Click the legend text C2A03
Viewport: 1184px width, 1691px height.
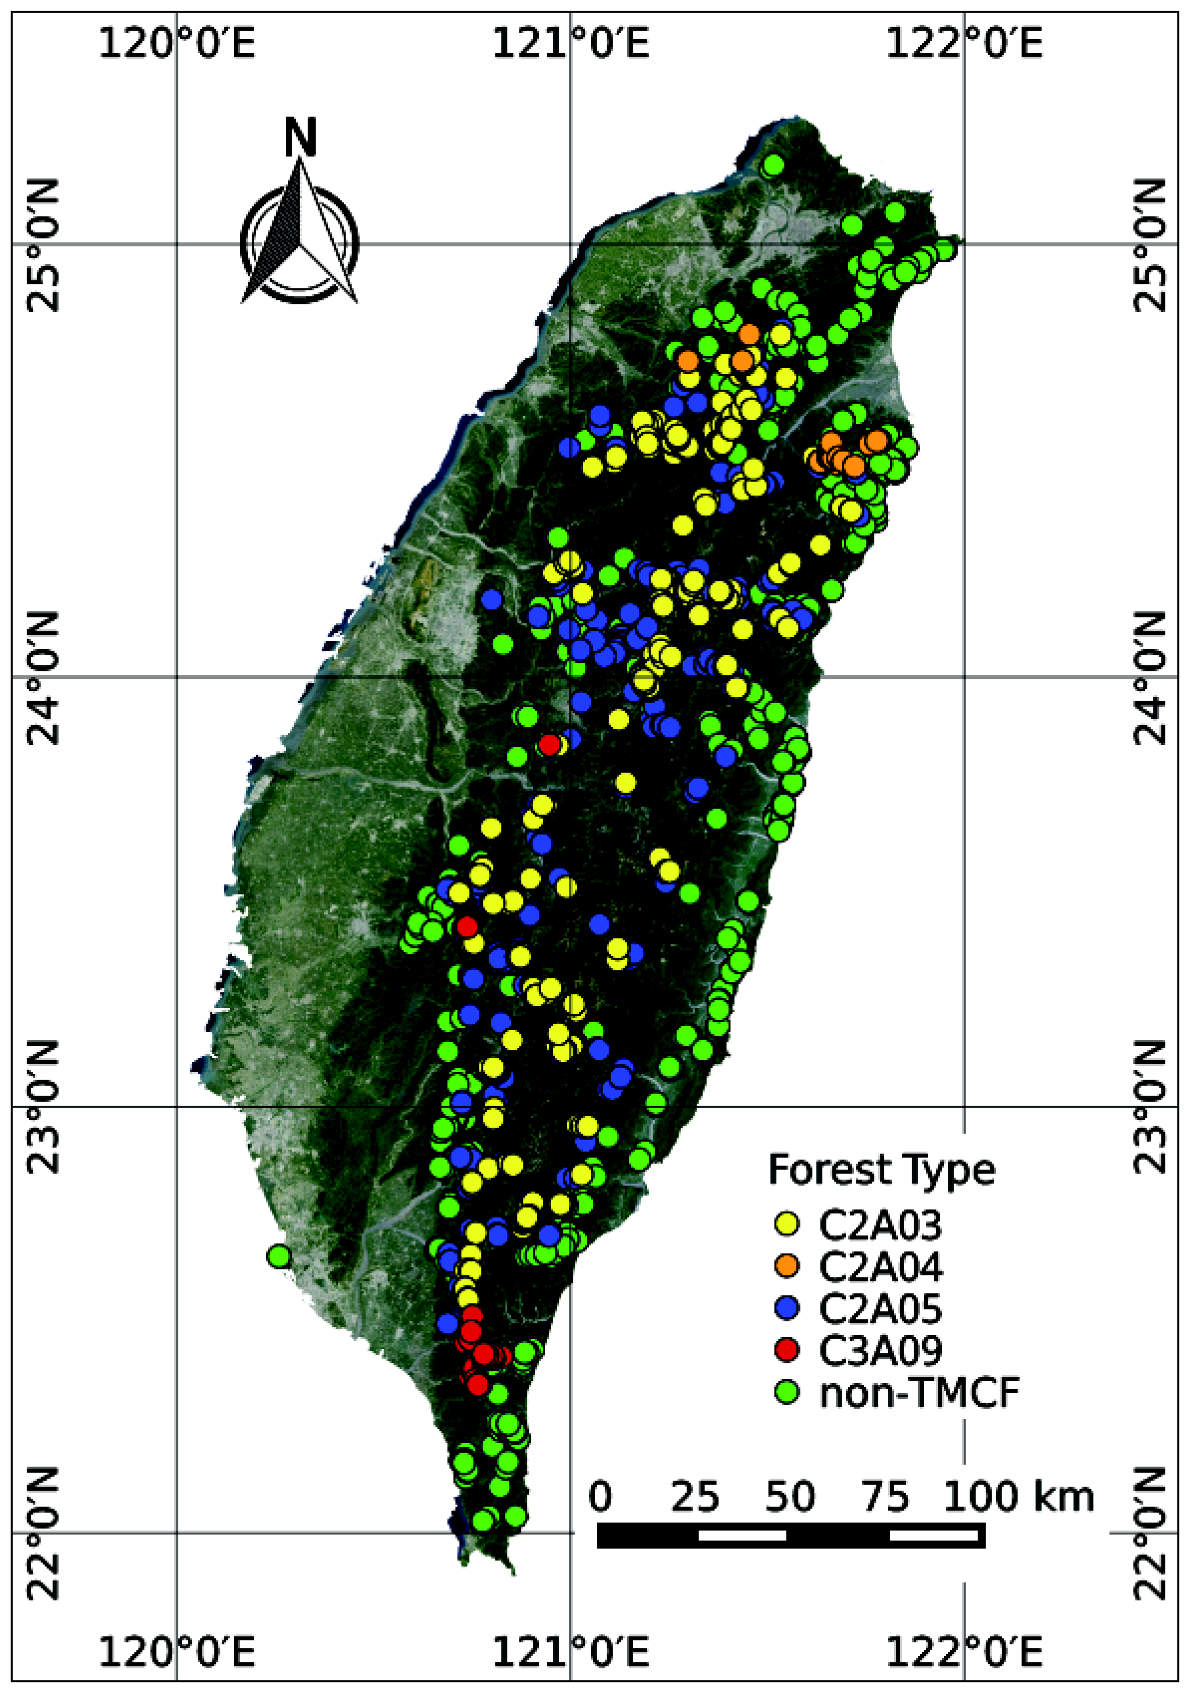click(x=880, y=1225)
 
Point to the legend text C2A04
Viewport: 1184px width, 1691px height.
click(x=880, y=1267)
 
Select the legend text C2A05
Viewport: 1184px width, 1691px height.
click(x=880, y=1309)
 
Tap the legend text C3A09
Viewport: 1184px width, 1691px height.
click(x=880, y=1351)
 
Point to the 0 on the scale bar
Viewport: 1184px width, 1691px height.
click(x=601, y=1497)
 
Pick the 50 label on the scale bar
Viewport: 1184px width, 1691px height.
click(x=790, y=1497)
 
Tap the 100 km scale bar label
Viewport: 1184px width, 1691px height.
click(x=1019, y=1497)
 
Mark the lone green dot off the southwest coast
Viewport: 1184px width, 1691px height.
click(x=277, y=1256)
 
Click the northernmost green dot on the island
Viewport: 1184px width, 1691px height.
click(x=773, y=165)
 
